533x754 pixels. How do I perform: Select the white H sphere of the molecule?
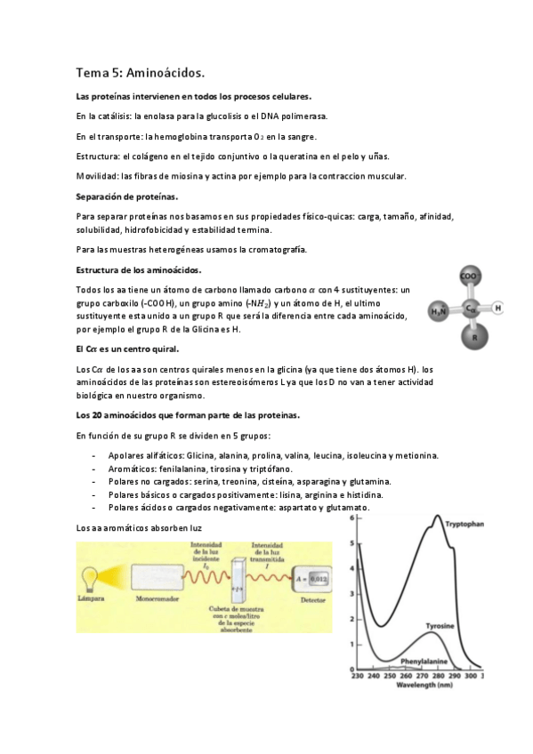tap(497, 309)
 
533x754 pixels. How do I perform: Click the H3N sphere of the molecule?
tap(439, 311)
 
